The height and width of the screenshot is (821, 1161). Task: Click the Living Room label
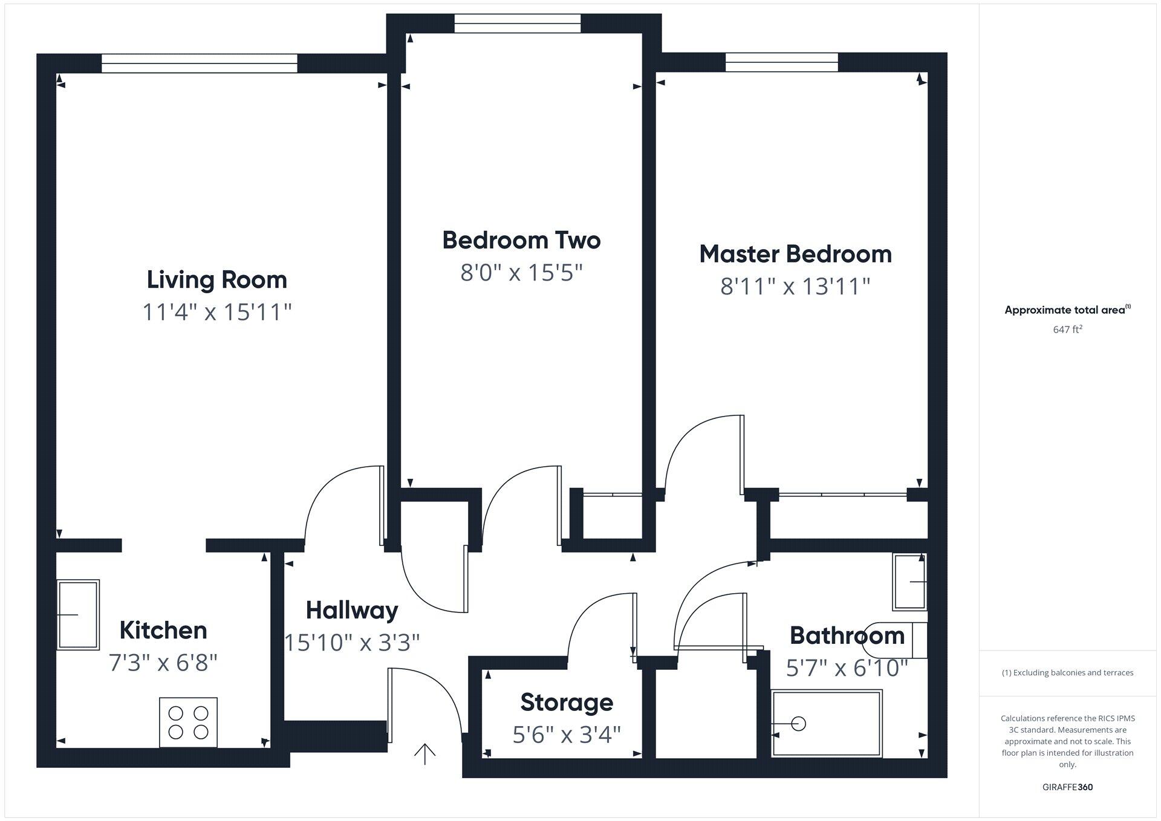(x=216, y=280)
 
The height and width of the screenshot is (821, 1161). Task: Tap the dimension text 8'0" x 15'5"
(x=521, y=273)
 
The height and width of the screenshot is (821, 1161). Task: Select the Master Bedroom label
(x=795, y=254)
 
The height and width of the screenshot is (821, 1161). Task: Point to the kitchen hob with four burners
(x=188, y=722)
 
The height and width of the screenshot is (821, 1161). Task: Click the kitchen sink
(x=78, y=614)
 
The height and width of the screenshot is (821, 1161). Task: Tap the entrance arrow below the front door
(x=425, y=753)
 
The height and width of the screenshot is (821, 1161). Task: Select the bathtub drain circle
(x=798, y=723)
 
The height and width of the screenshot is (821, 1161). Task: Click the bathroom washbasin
(x=910, y=582)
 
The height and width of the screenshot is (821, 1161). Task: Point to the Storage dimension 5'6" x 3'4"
(x=567, y=735)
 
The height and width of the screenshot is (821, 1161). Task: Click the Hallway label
(x=351, y=610)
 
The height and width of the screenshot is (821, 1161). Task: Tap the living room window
(x=200, y=63)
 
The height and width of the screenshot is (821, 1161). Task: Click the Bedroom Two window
(x=517, y=24)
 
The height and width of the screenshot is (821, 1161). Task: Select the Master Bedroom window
(x=781, y=62)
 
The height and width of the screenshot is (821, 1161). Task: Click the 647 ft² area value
(x=1067, y=329)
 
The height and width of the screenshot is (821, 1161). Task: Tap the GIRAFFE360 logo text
(x=1067, y=787)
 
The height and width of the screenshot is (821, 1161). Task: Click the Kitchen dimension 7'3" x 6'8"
(x=163, y=663)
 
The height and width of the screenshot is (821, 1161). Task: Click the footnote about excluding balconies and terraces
(x=1067, y=672)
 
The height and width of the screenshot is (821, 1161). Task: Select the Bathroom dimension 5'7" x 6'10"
(x=847, y=668)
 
